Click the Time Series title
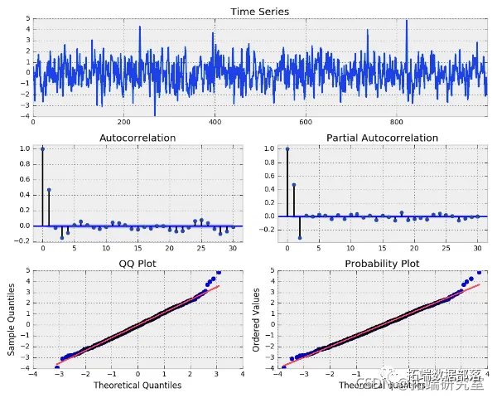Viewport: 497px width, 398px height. (x=260, y=11)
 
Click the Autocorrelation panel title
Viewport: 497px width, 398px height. (x=138, y=138)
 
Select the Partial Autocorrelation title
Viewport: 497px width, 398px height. (x=382, y=138)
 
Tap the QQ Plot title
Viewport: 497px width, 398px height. (x=138, y=264)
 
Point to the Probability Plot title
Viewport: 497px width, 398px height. (x=382, y=264)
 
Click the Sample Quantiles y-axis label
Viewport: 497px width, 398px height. (x=12, y=319)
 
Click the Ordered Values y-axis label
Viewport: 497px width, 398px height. (x=257, y=319)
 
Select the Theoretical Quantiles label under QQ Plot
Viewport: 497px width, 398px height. (x=138, y=386)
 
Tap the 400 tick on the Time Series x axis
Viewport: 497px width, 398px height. (x=215, y=122)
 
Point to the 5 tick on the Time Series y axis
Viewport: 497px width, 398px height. (x=28, y=17)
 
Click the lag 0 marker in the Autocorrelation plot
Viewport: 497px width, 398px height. (x=42, y=149)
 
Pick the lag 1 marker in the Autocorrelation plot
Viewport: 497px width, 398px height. (x=49, y=190)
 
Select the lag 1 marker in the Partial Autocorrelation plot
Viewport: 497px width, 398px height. (x=293, y=184)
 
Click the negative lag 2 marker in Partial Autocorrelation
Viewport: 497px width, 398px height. (x=300, y=237)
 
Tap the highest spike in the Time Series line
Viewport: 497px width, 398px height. (x=407, y=22)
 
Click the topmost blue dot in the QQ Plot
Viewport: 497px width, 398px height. (x=219, y=272)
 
